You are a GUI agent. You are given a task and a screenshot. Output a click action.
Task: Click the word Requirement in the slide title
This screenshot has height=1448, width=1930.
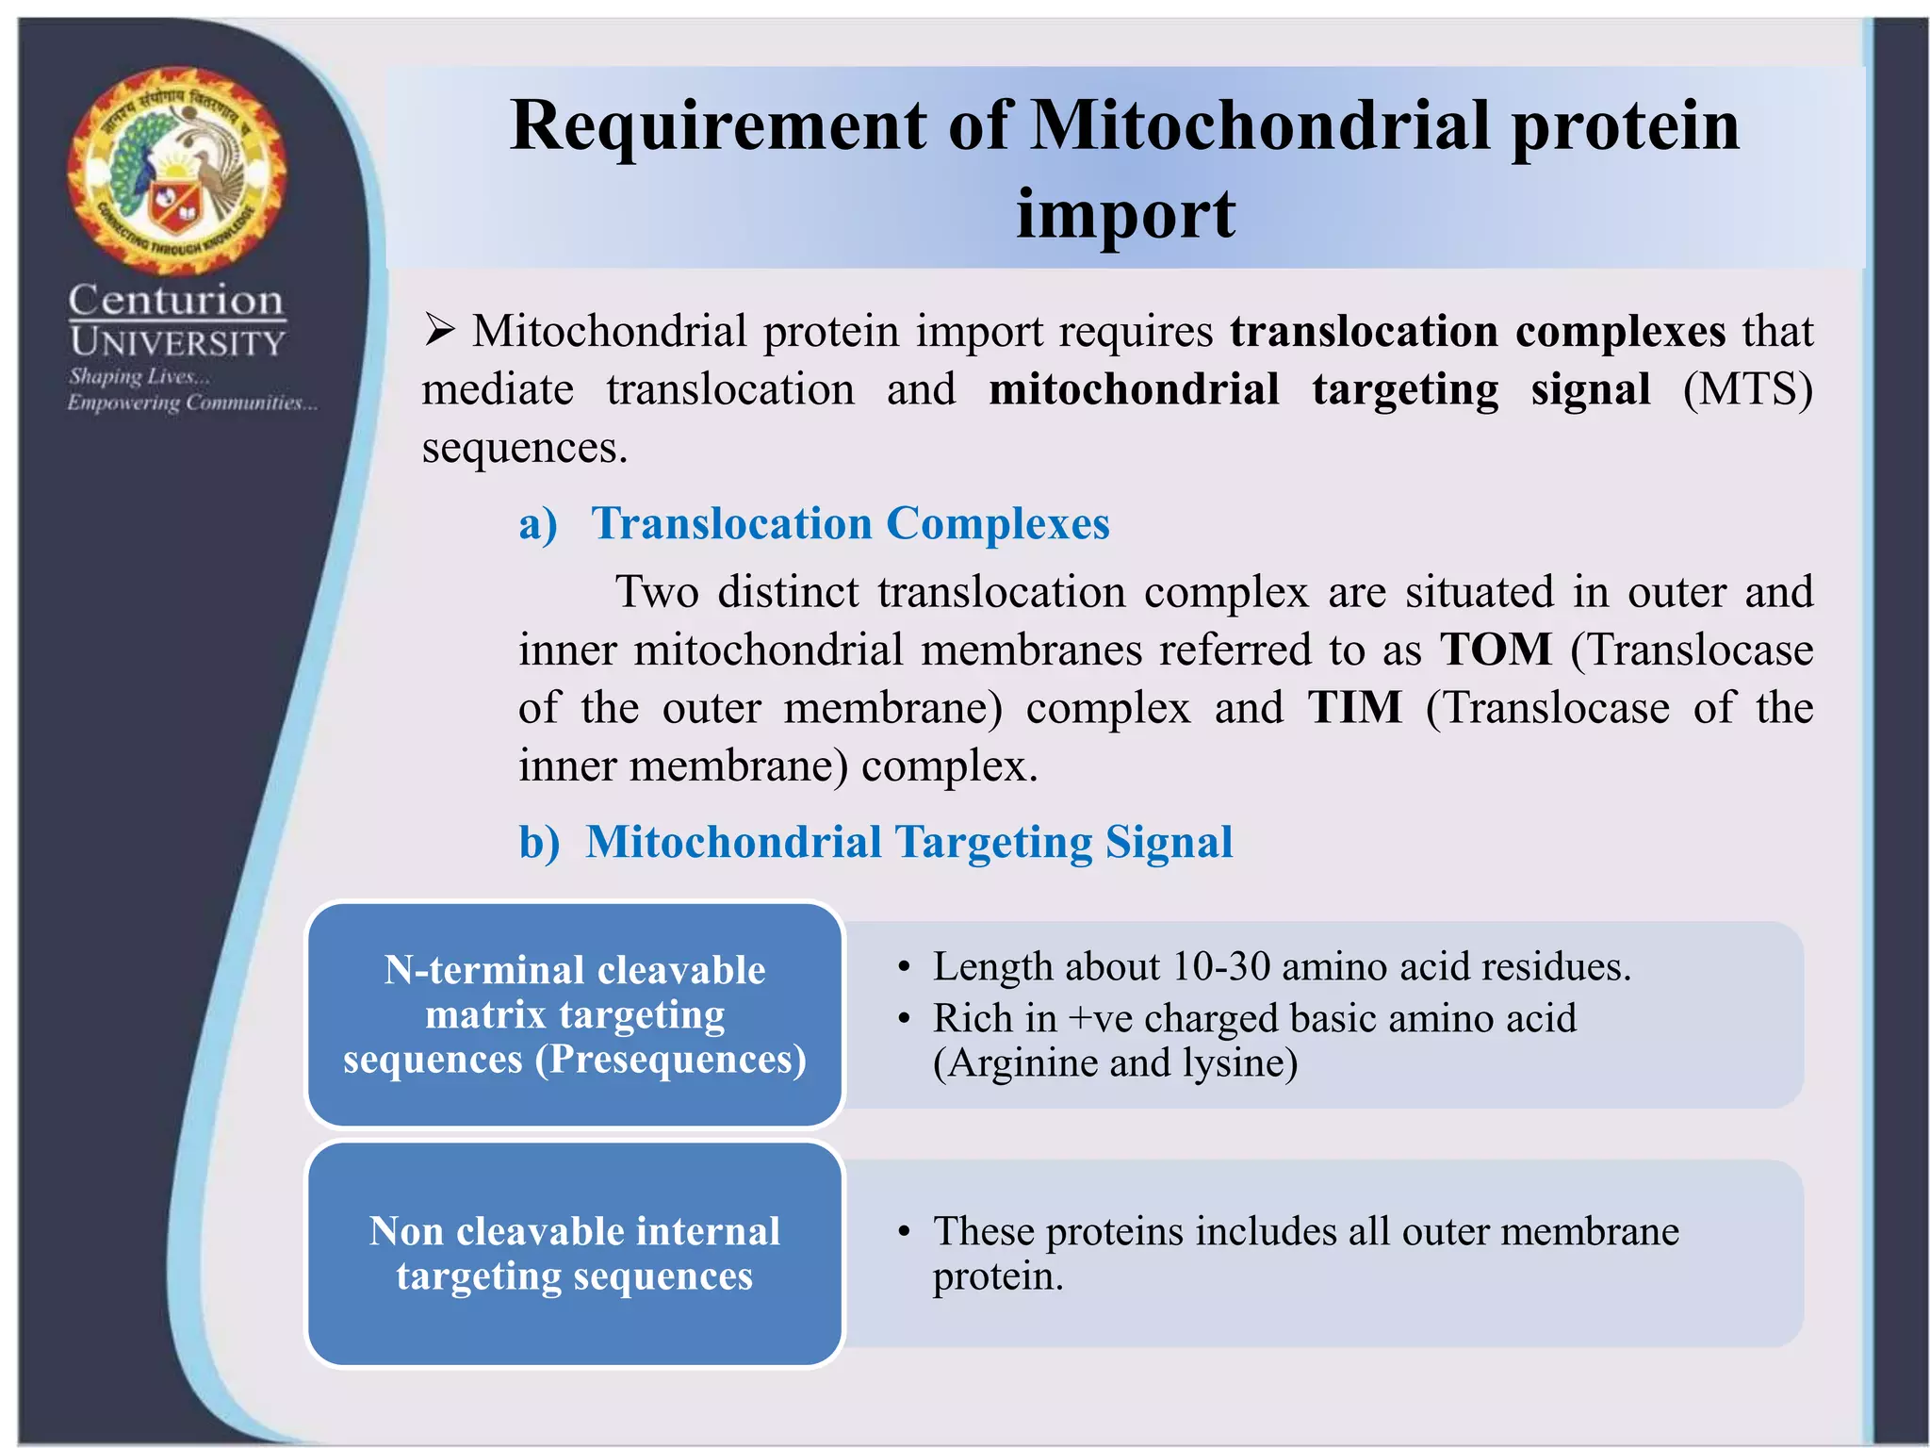[x=718, y=126]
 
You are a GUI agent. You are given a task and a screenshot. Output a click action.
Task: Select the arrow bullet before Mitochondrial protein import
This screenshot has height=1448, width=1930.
[x=439, y=330]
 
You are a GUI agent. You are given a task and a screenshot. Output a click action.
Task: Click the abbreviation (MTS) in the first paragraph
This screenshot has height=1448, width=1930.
[x=1748, y=389]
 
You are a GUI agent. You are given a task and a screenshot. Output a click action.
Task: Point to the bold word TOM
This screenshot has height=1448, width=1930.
[x=1496, y=650]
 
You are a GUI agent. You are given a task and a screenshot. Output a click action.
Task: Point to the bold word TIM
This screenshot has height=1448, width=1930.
[x=1355, y=707]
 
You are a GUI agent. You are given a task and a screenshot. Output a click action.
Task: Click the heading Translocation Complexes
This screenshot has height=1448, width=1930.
[x=850, y=523]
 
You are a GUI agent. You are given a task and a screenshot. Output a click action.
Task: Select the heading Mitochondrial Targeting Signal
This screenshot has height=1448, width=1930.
[x=909, y=842]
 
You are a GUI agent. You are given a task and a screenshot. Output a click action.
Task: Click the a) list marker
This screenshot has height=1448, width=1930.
[x=538, y=524]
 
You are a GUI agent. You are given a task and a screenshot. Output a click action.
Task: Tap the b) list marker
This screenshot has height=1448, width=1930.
[x=539, y=843]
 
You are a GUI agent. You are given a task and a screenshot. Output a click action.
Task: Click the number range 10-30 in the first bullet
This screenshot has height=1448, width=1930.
[x=1221, y=967]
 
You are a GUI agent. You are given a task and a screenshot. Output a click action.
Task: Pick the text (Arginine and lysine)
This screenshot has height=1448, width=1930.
[x=1115, y=1063]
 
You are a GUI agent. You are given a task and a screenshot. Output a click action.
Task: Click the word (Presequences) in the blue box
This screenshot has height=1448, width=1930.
[x=671, y=1060]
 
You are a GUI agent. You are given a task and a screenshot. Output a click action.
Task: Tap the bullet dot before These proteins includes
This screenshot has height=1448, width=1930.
[x=903, y=1232]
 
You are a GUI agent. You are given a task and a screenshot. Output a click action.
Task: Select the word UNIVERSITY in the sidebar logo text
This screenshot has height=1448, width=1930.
[x=177, y=342]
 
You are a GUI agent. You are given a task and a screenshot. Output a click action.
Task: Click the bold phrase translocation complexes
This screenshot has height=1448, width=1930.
[x=1478, y=331]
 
